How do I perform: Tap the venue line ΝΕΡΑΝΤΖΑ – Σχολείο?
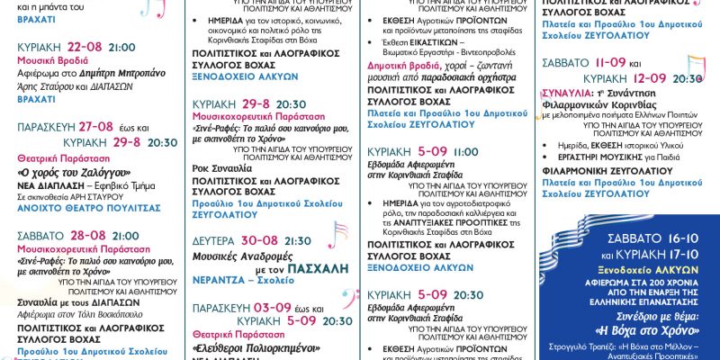(238, 280)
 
